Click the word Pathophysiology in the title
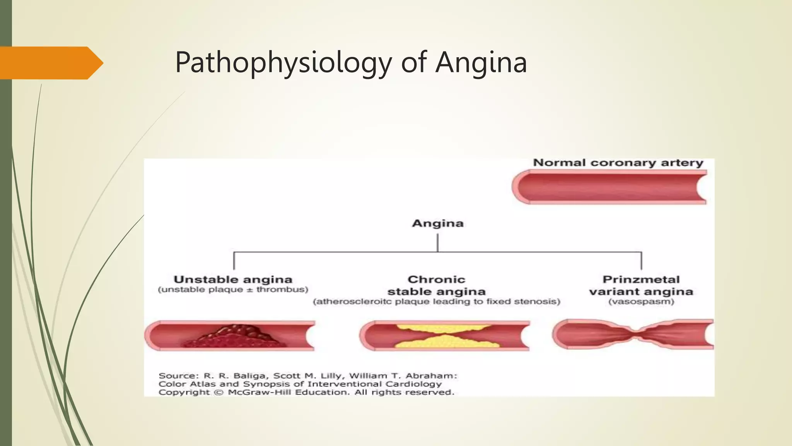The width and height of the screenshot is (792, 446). point(283,63)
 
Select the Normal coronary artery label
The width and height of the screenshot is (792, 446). point(618,163)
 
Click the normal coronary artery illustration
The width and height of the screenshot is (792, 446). point(609,187)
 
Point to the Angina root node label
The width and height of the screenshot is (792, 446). point(437,223)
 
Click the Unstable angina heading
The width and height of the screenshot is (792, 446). point(233,280)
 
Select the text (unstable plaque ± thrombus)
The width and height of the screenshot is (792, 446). point(233,290)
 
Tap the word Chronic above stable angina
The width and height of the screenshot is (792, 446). point(437,280)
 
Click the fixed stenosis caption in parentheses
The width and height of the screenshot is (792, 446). point(437,302)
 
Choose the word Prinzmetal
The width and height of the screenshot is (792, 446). point(641,280)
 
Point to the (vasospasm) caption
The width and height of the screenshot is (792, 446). point(641,302)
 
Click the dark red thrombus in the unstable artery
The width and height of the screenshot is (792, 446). point(236,337)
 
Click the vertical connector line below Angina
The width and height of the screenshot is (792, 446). point(437,243)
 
